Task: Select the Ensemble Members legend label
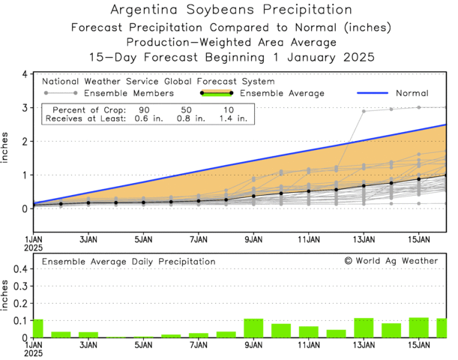pos(129,93)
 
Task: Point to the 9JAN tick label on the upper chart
pos(253,240)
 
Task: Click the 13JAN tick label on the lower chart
pos(364,346)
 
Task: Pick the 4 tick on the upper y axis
pos(25,74)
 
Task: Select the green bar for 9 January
pos(253,328)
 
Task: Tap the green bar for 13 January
pos(364,328)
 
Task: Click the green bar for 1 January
pos(37,328)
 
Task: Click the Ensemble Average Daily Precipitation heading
pos(128,261)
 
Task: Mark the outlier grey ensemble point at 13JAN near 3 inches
pos(364,111)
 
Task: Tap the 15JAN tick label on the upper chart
pos(418,240)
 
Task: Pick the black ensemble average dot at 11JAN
pos(308,191)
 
